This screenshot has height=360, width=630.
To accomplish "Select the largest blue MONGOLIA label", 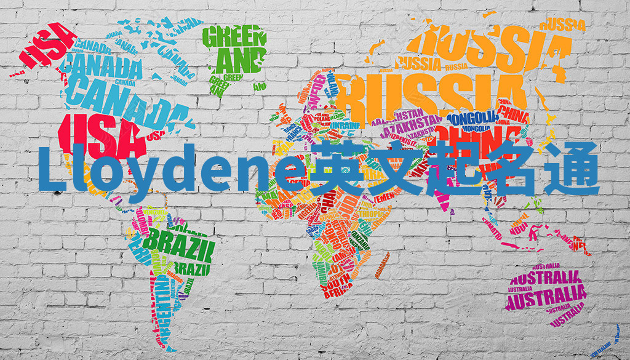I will (472, 118).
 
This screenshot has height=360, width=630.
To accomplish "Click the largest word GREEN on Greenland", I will (234, 38).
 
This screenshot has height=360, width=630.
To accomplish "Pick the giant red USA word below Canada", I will (99, 133).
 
